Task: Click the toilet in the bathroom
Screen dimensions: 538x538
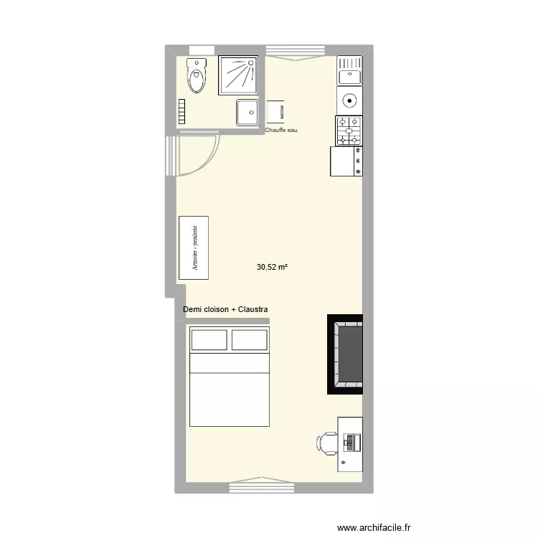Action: click(196, 76)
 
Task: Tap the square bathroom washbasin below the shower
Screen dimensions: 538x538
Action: click(248, 112)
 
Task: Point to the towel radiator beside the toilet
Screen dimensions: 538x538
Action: click(182, 111)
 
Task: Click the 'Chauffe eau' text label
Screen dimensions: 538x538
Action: click(280, 131)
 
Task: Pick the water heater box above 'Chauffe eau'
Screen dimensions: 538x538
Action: click(278, 111)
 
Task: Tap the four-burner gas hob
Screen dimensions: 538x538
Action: click(349, 131)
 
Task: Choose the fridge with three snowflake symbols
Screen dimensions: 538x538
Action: click(346, 161)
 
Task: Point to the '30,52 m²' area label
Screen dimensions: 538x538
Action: click(272, 267)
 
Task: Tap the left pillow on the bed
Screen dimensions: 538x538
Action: click(208, 339)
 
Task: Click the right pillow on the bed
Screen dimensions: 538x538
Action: click(249, 339)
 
